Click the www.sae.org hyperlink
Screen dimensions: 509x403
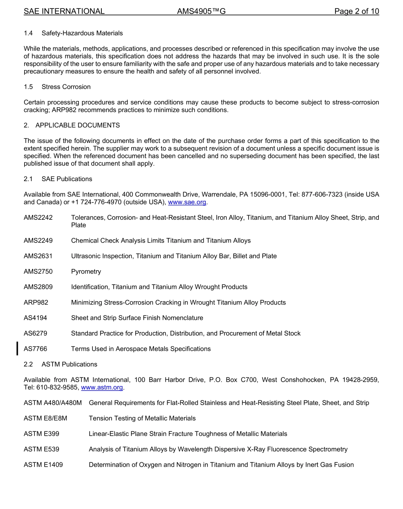coord(187,202)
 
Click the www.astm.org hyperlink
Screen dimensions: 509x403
coord(102,387)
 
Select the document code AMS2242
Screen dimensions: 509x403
coord(38,218)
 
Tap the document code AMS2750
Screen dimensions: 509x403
coord(38,271)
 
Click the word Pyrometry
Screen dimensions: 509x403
coord(86,271)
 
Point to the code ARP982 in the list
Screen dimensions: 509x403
coord(36,302)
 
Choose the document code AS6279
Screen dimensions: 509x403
coord(36,333)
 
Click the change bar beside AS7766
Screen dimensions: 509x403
coord(17,349)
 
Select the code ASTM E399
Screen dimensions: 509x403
coord(42,433)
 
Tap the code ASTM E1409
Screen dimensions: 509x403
coord(43,464)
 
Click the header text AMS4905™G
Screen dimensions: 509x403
coord(201,11)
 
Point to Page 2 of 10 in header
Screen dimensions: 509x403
coord(356,11)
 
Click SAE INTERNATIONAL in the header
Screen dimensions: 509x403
coord(64,11)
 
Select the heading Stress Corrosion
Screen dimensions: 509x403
coord(66,87)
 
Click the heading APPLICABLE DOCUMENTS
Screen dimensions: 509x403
coord(78,125)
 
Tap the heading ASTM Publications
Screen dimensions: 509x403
coord(69,364)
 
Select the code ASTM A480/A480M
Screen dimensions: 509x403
coord(53,403)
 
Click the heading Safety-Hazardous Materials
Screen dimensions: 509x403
coord(82,33)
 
